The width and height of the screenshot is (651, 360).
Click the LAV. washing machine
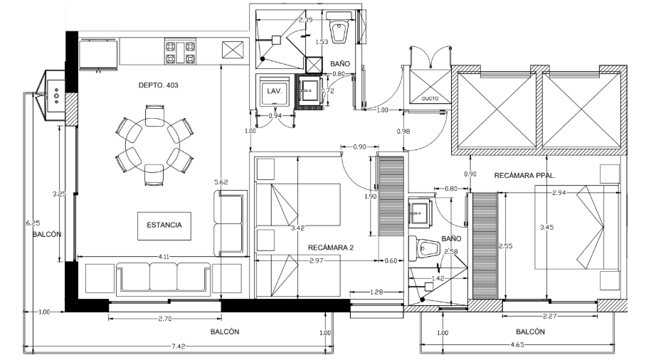coord(275,92)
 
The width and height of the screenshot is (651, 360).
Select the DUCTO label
coord(430,98)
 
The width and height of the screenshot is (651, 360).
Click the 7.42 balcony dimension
coord(179,346)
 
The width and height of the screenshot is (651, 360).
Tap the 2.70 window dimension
coord(165,318)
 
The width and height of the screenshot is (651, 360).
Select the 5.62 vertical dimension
coord(221,183)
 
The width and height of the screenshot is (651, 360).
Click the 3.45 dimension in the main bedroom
coord(546,228)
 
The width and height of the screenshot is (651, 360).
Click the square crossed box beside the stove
coord(233,51)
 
